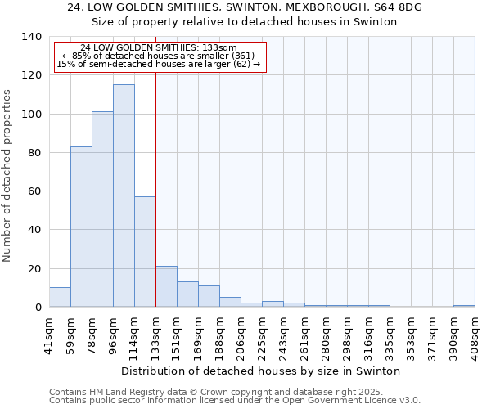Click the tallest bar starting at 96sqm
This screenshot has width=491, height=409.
point(124,196)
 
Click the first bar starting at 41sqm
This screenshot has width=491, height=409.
point(60,298)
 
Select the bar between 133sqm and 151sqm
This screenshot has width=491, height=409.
point(166,287)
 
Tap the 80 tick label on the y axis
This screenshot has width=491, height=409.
point(34,153)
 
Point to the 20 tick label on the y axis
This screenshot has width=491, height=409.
point(34,269)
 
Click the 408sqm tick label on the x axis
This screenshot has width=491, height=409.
point(475,336)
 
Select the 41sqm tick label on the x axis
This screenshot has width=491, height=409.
point(50,334)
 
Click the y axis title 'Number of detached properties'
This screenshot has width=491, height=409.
point(8,176)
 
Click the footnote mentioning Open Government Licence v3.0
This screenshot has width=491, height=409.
point(235,400)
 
